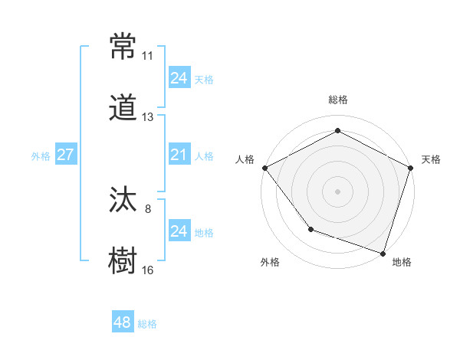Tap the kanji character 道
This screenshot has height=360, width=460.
click(x=123, y=109)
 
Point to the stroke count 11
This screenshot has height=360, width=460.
click(x=147, y=56)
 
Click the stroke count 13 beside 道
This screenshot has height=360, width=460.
click(x=147, y=117)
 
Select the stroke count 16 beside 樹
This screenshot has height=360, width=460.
click(x=147, y=270)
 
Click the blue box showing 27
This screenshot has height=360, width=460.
click(x=65, y=155)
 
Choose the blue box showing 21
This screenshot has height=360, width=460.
click(x=179, y=155)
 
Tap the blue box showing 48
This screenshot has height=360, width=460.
click(x=122, y=322)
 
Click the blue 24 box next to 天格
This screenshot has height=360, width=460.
click(x=179, y=78)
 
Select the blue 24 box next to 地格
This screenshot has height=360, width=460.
click(x=179, y=231)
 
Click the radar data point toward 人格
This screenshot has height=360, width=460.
click(x=264, y=167)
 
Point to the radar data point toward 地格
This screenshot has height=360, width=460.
click(x=383, y=253)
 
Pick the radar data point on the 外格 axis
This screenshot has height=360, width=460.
click(x=310, y=228)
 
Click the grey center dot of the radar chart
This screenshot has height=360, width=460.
click(x=337, y=191)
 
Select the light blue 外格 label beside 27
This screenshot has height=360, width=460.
click(x=41, y=155)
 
